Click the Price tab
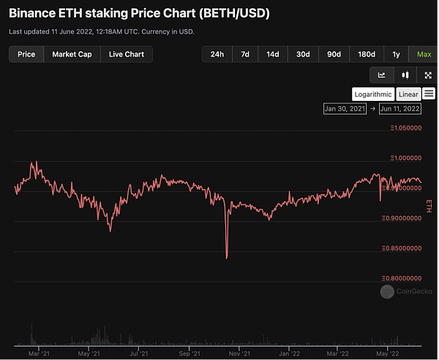(26, 54)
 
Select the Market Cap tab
(72, 54)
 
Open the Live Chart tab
(127, 54)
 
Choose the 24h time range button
(217, 54)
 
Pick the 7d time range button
(245, 54)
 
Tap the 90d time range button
(334, 54)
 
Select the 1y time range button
(396, 54)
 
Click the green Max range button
(424, 54)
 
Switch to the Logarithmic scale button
(372, 94)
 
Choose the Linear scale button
(408, 94)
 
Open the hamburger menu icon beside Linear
(429, 94)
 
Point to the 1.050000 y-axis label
(407, 127)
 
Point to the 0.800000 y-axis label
(407, 279)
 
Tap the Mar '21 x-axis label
(38, 351)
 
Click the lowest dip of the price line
(227, 258)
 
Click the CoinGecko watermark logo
(387, 292)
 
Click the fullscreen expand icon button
(428, 75)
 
